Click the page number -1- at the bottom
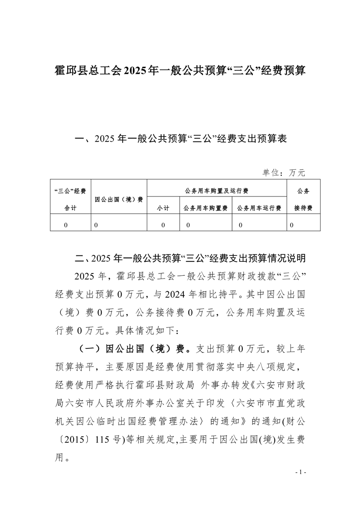[x=301, y=472]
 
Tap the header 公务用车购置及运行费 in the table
[x=217, y=191]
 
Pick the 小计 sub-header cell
[x=163, y=208]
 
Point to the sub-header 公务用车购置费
[x=206, y=208]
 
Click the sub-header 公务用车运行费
[x=259, y=208]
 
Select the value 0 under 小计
[x=163, y=225]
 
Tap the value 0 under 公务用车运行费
[x=240, y=225]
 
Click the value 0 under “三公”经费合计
[x=66, y=225]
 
